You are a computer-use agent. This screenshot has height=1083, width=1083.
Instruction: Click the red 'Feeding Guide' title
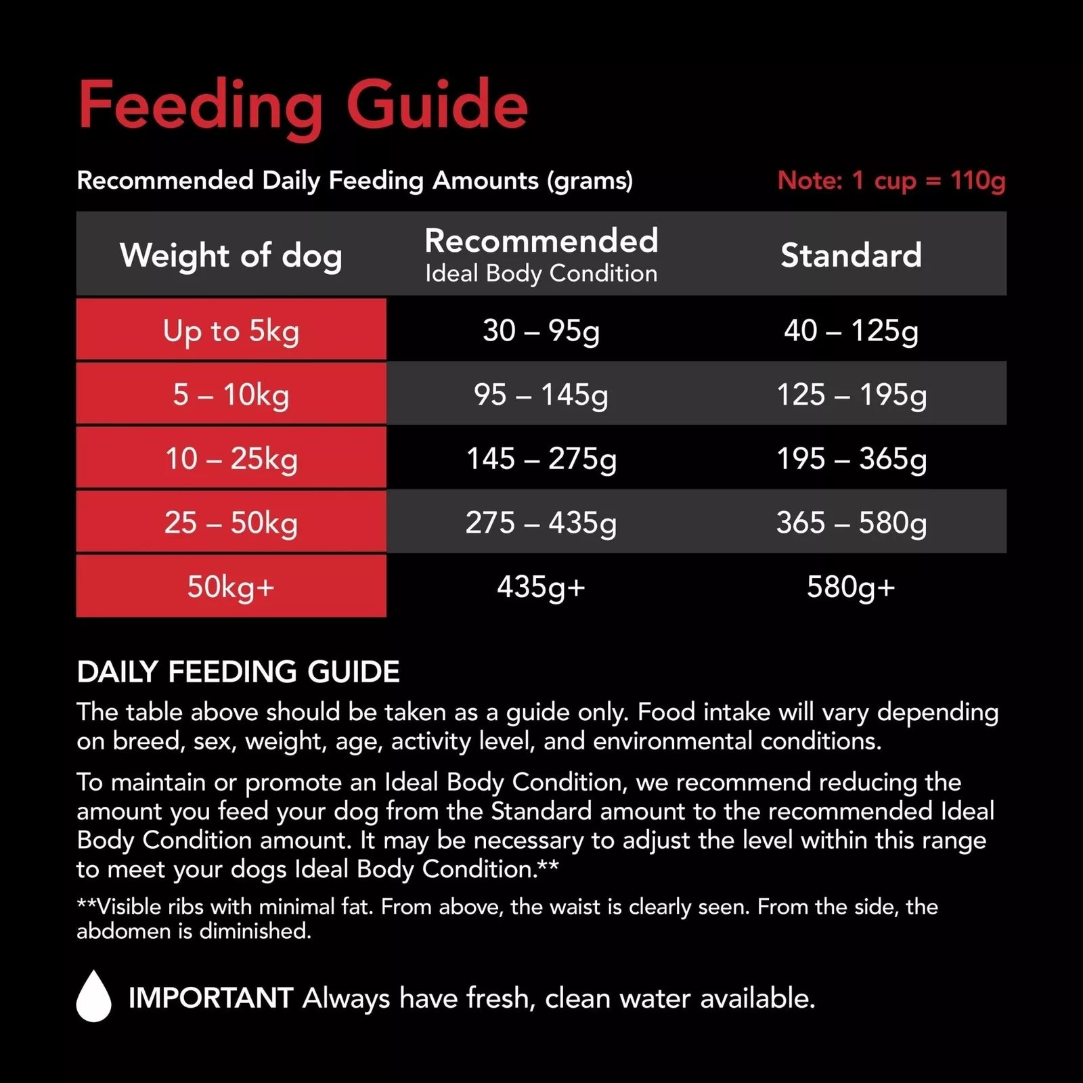(x=303, y=105)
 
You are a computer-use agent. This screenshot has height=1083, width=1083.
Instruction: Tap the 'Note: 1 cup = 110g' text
(x=891, y=181)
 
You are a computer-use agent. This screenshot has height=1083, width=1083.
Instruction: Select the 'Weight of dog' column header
(x=231, y=255)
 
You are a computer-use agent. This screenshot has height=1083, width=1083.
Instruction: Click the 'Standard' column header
(x=851, y=255)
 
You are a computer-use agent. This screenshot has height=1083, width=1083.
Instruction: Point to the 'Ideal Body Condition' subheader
(x=541, y=273)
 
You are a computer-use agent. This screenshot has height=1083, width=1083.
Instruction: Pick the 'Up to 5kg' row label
(x=231, y=331)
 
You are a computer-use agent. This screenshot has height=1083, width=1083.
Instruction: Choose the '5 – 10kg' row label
(x=231, y=395)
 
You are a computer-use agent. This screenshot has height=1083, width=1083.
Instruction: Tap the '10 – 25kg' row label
(x=231, y=458)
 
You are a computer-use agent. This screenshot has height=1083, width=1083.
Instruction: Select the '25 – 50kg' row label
(x=231, y=523)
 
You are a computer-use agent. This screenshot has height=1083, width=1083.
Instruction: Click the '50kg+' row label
(x=231, y=586)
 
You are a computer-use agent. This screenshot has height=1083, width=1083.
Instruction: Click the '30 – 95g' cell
(x=541, y=331)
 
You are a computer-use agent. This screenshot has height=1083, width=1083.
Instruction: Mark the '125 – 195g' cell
(x=851, y=395)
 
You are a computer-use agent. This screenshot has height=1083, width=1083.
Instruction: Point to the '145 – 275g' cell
(x=541, y=458)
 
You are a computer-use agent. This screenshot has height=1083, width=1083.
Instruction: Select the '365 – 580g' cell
(x=851, y=523)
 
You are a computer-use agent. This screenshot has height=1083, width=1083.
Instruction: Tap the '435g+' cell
(x=541, y=586)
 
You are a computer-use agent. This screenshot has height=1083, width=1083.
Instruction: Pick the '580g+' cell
(x=851, y=586)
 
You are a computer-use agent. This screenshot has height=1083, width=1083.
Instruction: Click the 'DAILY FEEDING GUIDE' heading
(x=238, y=672)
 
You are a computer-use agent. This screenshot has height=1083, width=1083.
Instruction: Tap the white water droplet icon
(x=93, y=996)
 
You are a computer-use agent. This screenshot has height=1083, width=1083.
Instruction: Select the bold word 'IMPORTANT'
(x=211, y=998)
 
